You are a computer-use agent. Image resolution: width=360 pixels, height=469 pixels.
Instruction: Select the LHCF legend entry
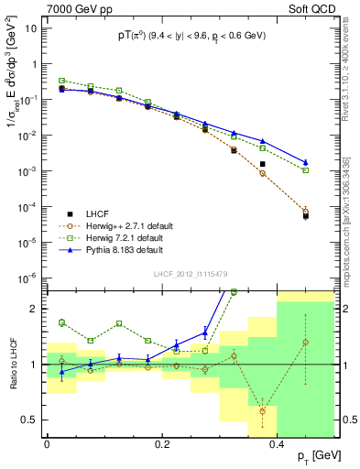tap(94, 213)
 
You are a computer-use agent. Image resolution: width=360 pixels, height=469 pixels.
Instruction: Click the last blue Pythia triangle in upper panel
tap(306, 162)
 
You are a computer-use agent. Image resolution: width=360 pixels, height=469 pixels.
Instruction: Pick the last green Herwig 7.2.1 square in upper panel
tap(306, 170)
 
